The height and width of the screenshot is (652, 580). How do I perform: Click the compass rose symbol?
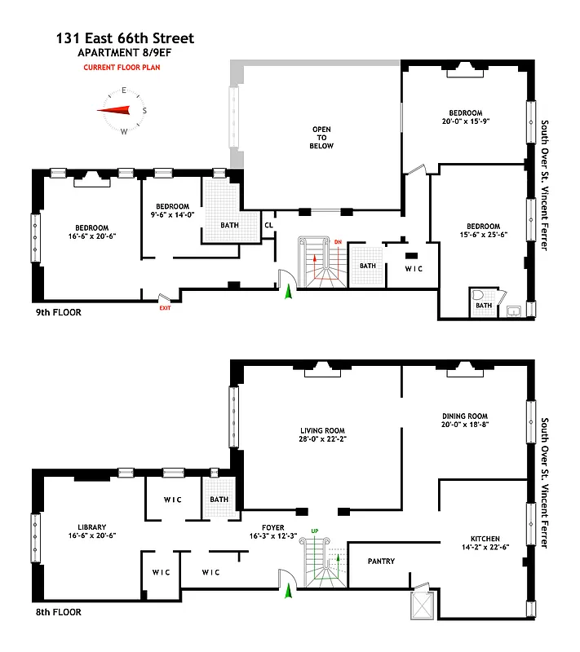click(123, 111)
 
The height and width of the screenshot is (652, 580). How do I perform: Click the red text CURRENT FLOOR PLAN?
click(122, 68)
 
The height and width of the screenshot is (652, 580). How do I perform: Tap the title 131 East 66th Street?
click(126, 38)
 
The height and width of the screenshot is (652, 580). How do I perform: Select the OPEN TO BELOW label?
click(321, 138)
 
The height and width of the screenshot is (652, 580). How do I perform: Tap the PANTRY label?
click(381, 562)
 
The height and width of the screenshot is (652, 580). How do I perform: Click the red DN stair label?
click(338, 242)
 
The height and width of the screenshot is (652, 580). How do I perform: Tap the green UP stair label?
click(314, 532)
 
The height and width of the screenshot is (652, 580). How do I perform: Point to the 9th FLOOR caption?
click(57, 312)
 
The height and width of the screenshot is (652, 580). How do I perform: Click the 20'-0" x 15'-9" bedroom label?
click(464, 117)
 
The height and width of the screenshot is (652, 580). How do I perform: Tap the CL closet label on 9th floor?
click(268, 226)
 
